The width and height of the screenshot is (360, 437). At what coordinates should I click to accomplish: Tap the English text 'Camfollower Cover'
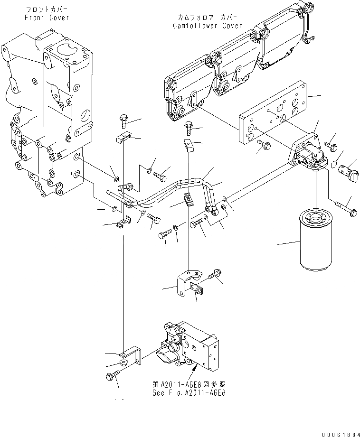pos(207,26)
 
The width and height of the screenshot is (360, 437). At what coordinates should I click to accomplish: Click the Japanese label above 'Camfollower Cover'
pos(207,18)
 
